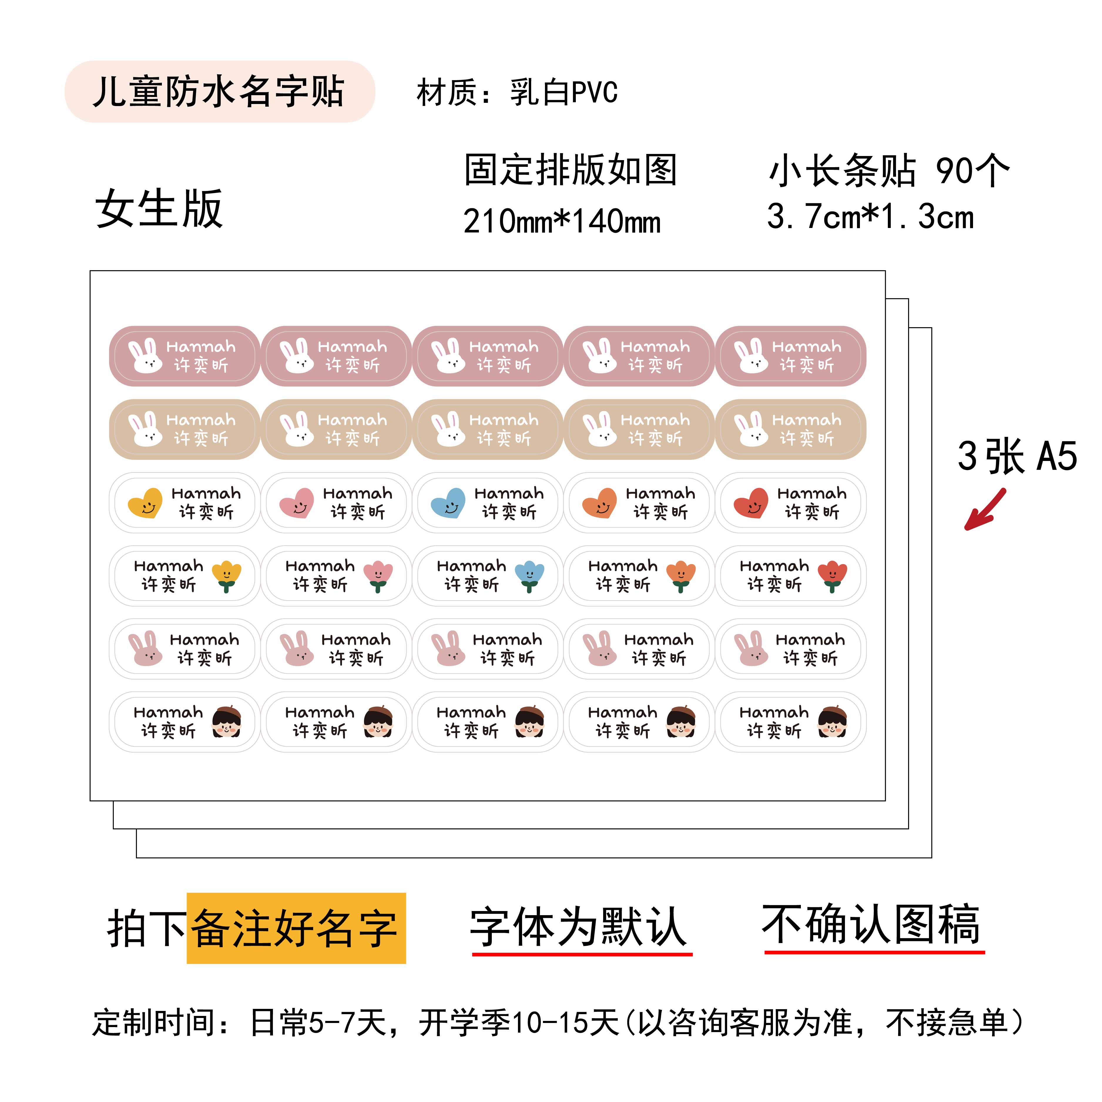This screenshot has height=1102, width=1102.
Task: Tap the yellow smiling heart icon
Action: [x=145, y=502]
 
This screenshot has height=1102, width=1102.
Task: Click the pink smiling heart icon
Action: [x=297, y=502]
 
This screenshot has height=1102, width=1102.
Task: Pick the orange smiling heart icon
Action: [x=600, y=502]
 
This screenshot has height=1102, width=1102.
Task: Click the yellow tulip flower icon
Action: [x=227, y=576]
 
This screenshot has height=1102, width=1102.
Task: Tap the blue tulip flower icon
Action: [x=529, y=576]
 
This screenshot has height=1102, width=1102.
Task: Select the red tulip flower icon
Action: [x=832, y=576]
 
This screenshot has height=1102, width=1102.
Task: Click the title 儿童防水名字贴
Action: [x=219, y=91]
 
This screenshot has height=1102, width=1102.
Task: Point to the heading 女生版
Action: [x=159, y=209]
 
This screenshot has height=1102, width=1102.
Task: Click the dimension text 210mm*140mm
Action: [x=562, y=221]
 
